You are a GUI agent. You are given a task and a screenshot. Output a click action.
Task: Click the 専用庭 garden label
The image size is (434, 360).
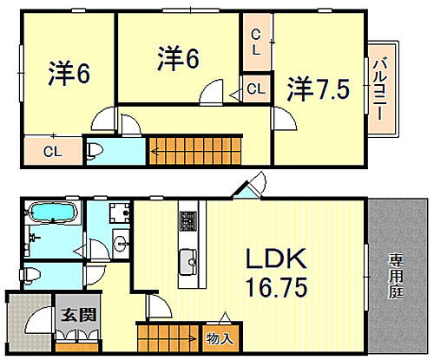point(395,268)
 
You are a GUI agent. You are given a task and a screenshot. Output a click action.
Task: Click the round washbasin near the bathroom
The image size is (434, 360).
point(121,240)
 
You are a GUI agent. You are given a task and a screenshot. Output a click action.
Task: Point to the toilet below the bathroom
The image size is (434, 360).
point(33,275)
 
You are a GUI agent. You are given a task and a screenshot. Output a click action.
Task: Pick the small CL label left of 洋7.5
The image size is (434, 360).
point(256,88)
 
